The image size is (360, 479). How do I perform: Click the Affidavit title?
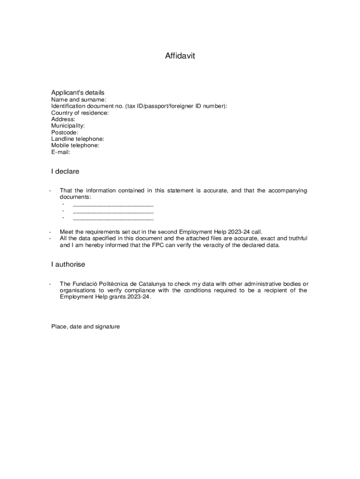click(180, 56)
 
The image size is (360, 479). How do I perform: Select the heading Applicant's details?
click(78, 93)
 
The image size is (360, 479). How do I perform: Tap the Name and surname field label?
click(79, 100)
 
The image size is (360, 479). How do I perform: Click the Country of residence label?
click(79, 113)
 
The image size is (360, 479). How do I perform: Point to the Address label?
click(63, 119)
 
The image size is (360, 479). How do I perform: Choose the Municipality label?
click(68, 126)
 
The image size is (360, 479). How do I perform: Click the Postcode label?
click(65, 132)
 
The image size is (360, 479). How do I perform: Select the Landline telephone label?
click(78, 139)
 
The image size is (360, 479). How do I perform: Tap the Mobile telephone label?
click(75, 145)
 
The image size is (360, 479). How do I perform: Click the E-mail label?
click(60, 152)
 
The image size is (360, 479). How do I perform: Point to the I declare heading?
click(65, 172)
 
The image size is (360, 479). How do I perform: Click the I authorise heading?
click(68, 265)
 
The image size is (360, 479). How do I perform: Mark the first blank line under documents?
click(113, 205)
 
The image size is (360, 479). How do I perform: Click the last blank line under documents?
click(113, 218)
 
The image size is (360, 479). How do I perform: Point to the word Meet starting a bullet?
click(66, 232)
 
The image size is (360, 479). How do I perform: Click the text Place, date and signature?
click(86, 327)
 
